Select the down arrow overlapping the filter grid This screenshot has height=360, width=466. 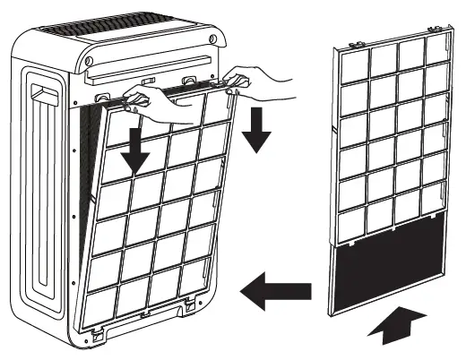(x=136, y=147)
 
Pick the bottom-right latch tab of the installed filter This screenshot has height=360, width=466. (x=191, y=306)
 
